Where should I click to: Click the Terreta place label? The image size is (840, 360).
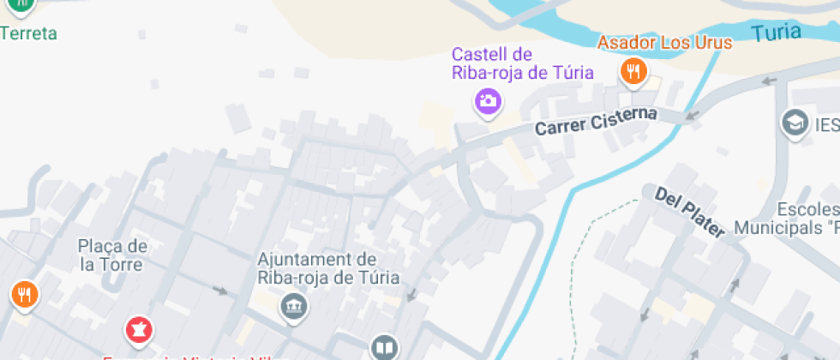pyautogui.click(x=29, y=34)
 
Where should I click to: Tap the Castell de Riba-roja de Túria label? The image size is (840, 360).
pyautogui.click(x=523, y=63)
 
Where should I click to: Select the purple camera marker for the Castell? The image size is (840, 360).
pyautogui.click(x=488, y=102)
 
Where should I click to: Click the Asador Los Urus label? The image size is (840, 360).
pyautogui.click(x=664, y=43)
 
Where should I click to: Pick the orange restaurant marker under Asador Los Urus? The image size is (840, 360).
pyautogui.click(x=633, y=72)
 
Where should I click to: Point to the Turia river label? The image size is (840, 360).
pyautogui.click(x=777, y=33)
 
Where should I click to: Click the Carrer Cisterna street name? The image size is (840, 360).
pyautogui.click(x=596, y=121)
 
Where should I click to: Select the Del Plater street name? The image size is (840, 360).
pyautogui.click(x=690, y=211)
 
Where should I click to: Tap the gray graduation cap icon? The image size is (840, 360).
pyautogui.click(x=795, y=123)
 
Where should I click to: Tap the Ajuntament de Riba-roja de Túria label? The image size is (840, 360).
pyautogui.click(x=317, y=267)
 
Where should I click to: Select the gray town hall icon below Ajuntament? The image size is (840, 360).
pyautogui.click(x=294, y=306)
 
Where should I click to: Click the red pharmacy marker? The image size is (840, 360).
pyautogui.click(x=137, y=328)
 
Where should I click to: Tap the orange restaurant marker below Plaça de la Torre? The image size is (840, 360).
pyautogui.click(x=24, y=295)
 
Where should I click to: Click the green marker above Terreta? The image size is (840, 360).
pyautogui.click(x=21, y=5)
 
